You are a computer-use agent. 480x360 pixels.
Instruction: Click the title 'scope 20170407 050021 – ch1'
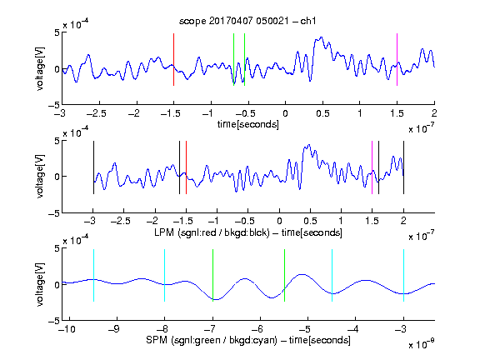247,21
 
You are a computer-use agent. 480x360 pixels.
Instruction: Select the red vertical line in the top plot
173,59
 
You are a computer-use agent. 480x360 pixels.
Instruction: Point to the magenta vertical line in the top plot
397,59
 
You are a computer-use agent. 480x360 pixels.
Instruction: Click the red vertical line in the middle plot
186,167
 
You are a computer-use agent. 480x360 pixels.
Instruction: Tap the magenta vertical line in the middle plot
372,167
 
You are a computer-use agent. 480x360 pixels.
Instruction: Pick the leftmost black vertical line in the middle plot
93,167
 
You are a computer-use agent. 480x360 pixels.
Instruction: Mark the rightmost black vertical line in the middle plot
403,167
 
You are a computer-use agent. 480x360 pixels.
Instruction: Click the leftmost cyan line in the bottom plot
93,276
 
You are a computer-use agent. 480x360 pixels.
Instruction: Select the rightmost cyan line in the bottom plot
403,276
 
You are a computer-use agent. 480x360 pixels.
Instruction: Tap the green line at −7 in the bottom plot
212,276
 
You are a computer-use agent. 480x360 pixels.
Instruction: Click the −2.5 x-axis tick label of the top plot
96,114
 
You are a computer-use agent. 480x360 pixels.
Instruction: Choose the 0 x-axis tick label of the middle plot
279,221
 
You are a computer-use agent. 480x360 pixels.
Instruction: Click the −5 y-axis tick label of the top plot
54,105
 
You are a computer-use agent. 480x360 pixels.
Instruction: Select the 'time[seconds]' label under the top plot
248,124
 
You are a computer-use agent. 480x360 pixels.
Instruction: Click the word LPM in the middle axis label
164,232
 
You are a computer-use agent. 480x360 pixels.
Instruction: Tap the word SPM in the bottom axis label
157,340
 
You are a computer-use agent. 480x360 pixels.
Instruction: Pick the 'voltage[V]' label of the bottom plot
40,284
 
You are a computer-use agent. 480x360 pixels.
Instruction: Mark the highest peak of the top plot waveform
321,37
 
